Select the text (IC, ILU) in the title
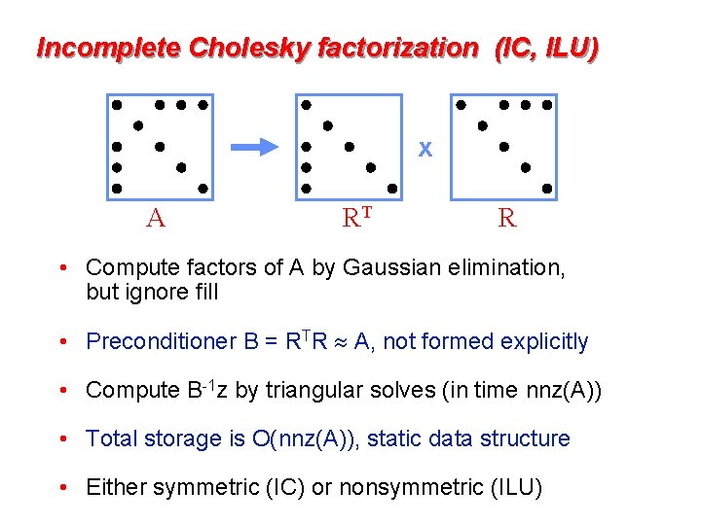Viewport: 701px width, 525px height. pos(546,47)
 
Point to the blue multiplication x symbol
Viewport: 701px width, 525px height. pos(424,150)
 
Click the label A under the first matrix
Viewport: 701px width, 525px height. pos(155,218)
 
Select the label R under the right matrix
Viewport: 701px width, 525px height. pos(507,218)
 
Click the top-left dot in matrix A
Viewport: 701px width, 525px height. pos(116,103)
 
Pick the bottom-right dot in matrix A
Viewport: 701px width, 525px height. pos(203,189)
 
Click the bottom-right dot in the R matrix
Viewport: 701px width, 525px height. pos(547,189)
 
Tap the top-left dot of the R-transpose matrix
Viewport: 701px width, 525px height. pos(306,103)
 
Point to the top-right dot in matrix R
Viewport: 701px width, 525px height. pos(547,104)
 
